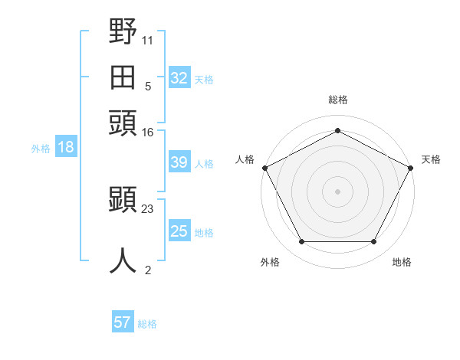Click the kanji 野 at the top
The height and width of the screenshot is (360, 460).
click(x=123, y=31)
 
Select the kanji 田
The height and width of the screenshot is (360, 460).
click(x=123, y=77)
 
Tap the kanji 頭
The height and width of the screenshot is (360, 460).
click(x=123, y=123)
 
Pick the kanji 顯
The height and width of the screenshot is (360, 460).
click(x=123, y=199)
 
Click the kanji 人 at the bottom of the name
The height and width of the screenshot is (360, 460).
click(x=123, y=260)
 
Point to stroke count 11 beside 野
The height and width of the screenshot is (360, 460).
click(x=147, y=41)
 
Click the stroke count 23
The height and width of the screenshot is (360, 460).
click(x=147, y=209)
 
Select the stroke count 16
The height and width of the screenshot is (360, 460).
click(x=147, y=133)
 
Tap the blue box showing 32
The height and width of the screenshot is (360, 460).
click(x=179, y=77)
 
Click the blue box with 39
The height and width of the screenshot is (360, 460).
click(x=179, y=162)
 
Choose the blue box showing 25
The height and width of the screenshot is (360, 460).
click(x=179, y=230)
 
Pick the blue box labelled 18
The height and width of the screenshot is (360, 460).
click(x=66, y=146)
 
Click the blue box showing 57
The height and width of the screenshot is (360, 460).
click(x=123, y=321)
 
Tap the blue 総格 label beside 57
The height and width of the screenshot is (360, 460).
click(x=147, y=324)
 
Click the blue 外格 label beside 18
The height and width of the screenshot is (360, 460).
click(x=41, y=149)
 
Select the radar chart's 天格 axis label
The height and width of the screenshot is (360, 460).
click(x=431, y=159)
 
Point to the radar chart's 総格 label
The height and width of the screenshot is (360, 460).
click(x=338, y=100)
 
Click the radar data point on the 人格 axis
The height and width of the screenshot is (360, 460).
click(x=265, y=168)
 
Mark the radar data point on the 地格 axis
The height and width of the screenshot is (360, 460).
click(x=373, y=242)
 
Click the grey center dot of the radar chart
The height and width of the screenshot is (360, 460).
click(x=337, y=191)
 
